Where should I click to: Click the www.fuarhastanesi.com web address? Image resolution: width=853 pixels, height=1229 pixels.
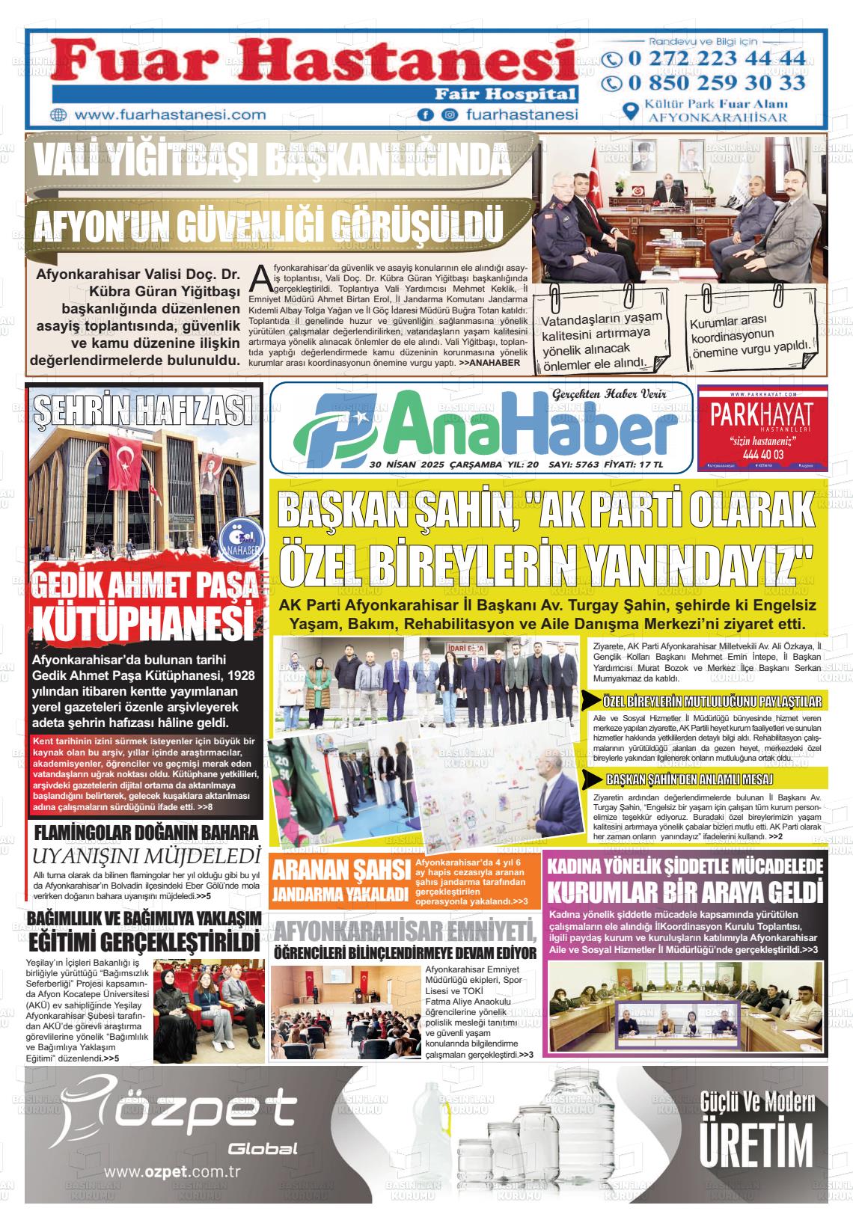(171, 115)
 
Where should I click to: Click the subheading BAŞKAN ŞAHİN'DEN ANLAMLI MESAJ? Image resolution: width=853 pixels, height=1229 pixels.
(689, 779)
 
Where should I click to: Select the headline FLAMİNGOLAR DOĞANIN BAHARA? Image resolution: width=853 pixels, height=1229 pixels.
(147, 833)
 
